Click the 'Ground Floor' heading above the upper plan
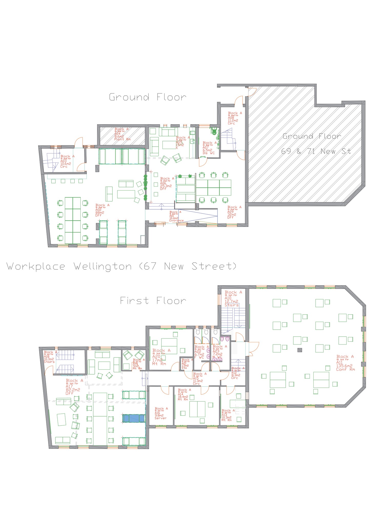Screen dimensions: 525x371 [148, 97]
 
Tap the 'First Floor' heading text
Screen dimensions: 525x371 [153, 300]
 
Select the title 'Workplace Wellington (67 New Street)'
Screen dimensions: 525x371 [121, 266]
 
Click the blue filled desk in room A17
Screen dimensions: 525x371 [133, 418]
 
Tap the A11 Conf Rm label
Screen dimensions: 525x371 [345, 363]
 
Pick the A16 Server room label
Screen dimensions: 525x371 [161, 413]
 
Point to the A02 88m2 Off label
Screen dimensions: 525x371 [102, 210]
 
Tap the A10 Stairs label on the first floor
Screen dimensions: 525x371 [233, 299]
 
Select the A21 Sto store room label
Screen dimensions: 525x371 [186, 364]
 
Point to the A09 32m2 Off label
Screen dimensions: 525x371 [234, 212]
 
